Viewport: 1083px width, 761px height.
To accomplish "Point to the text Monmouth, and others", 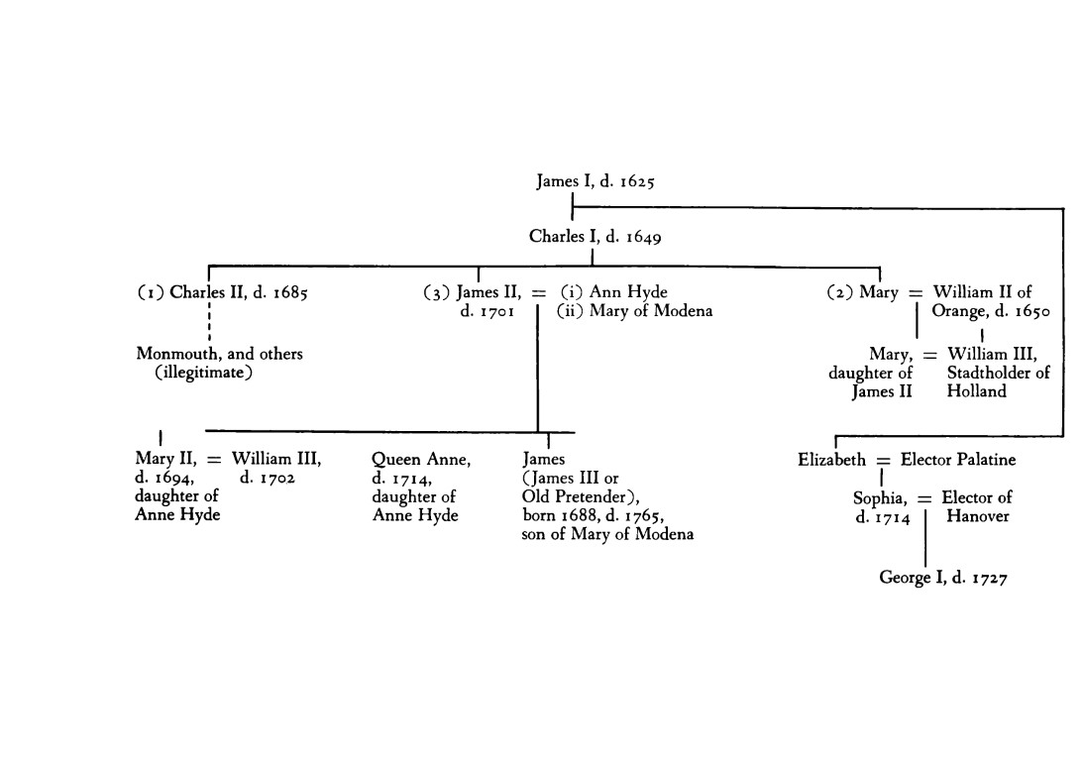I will pyautogui.click(x=219, y=354).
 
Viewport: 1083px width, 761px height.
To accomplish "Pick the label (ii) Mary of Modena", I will pyautogui.click(x=634, y=311).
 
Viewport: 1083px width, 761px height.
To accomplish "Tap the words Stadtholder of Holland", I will pyautogui.click(x=997, y=381).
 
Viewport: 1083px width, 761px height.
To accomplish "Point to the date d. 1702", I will pyautogui.click(x=268, y=478).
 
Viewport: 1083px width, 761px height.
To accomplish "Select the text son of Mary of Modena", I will pyautogui.click(x=607, y=534).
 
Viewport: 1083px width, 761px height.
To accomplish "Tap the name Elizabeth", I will pyautogui.click(x=830, y=460).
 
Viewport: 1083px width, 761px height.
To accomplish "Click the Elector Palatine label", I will pyautogui.click(x=957, y=460).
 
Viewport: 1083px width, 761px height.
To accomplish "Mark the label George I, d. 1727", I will pyautogui.click(x=943, y=578).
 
